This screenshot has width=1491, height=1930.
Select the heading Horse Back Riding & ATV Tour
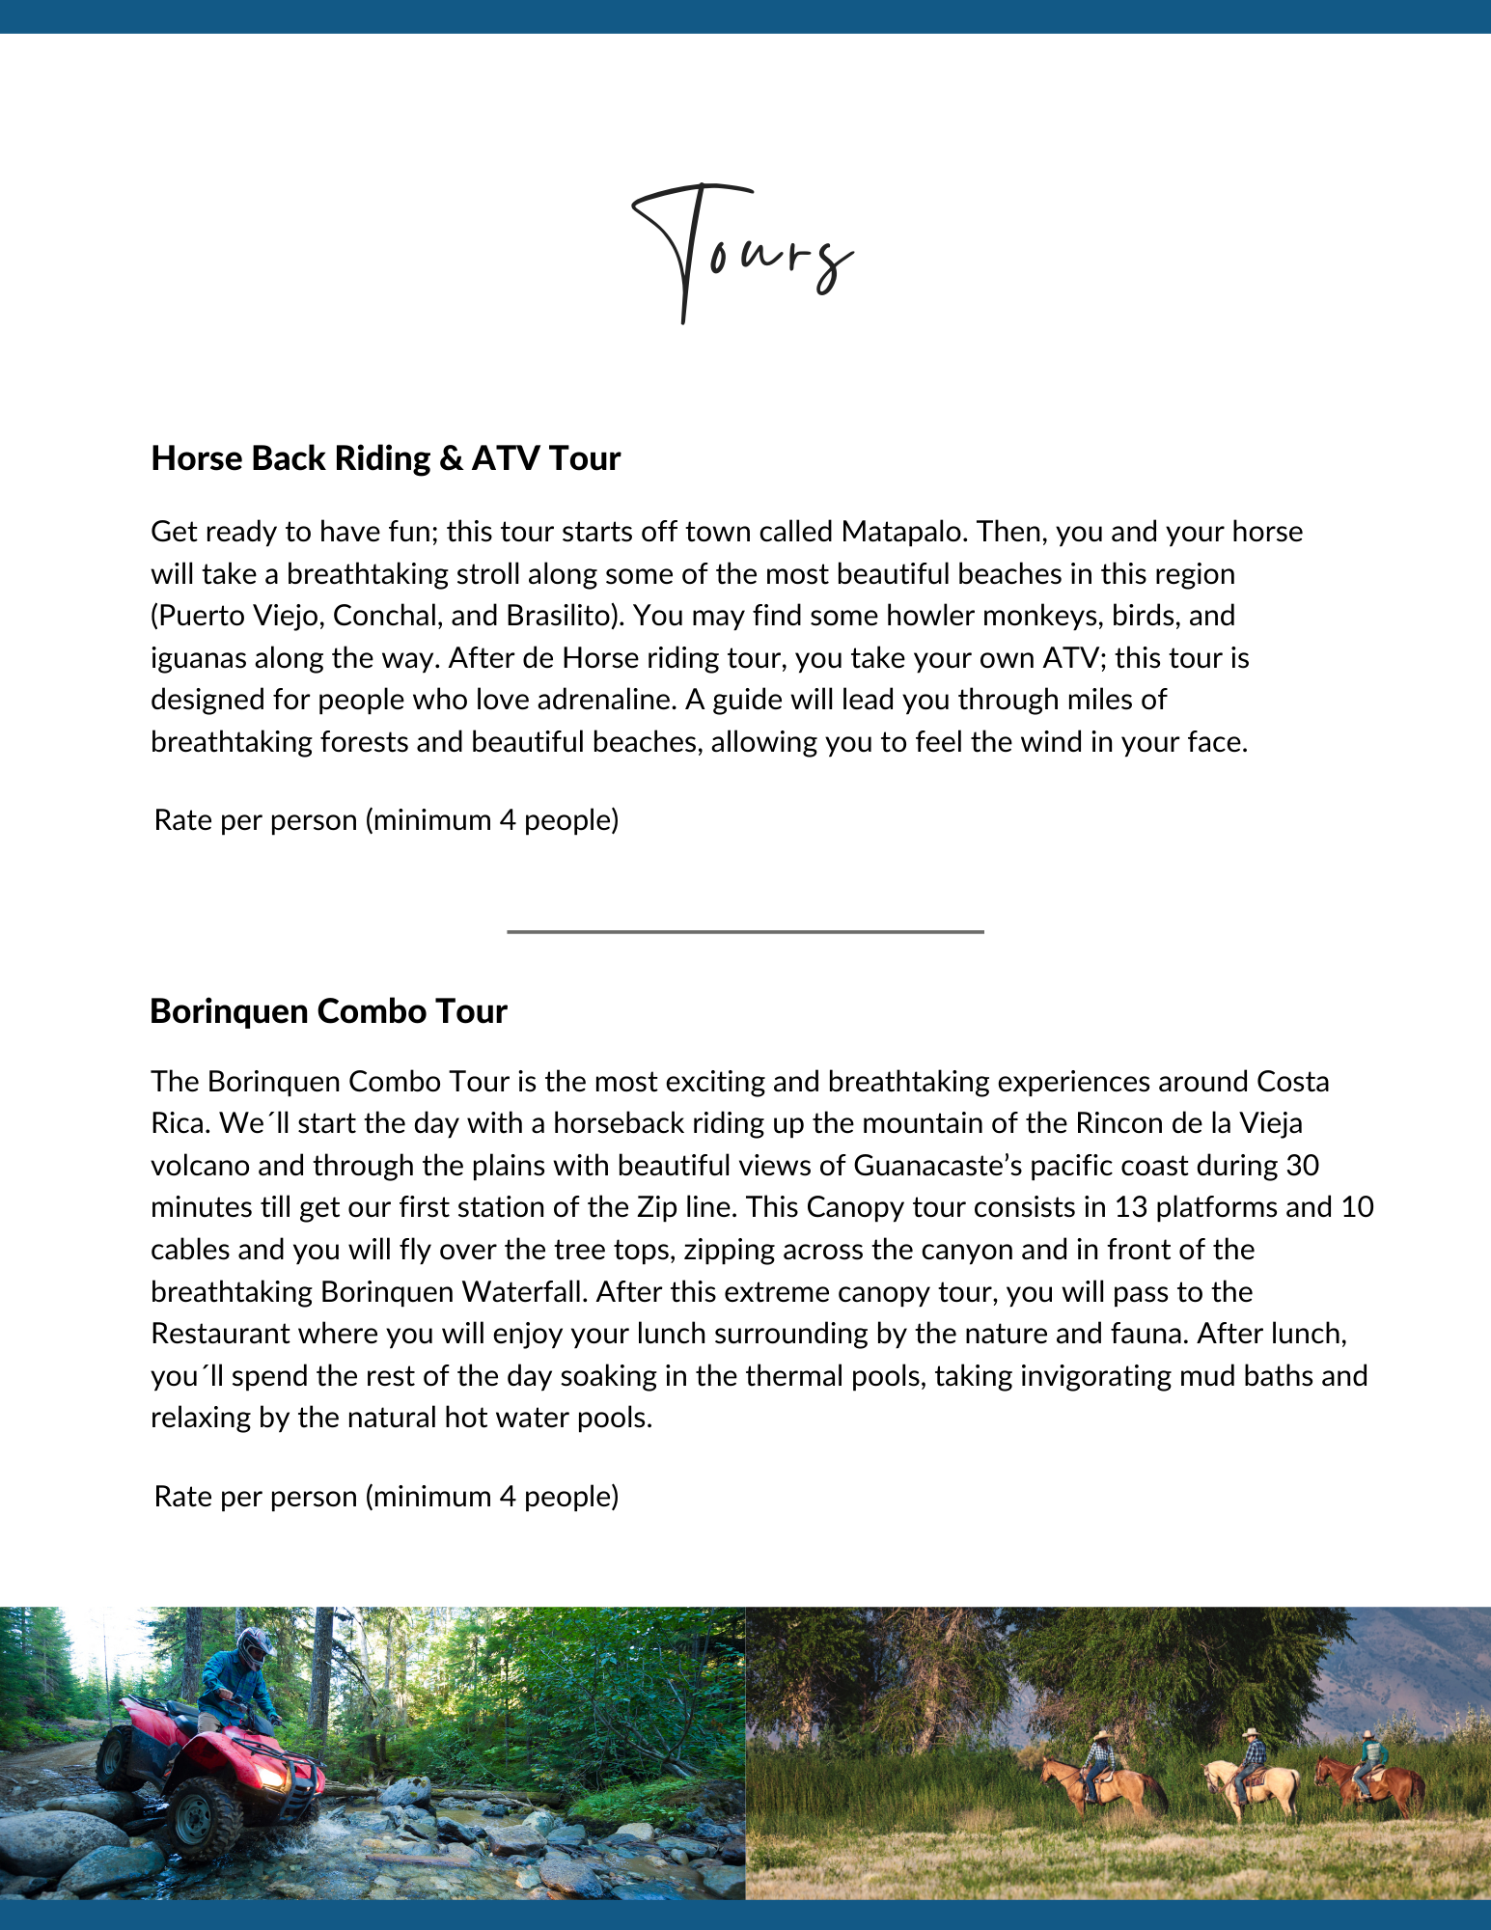coord(385,458)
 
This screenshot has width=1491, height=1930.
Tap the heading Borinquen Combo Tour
coord(328,1011)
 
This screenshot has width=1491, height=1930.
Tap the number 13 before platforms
coord(1130,1207)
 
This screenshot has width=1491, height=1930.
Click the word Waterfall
coord(525,1292)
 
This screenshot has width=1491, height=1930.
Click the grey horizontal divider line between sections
coord(745,931)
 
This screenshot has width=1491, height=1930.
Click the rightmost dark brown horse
coord(1370,1785)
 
